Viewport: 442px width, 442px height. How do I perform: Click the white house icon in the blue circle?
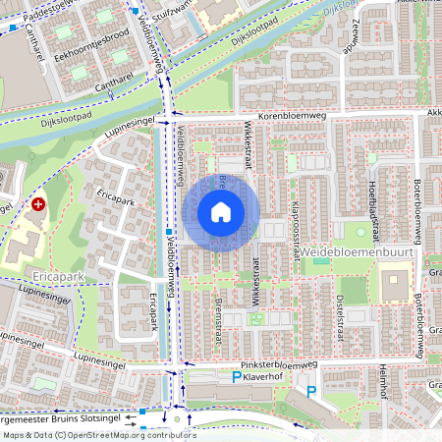221,211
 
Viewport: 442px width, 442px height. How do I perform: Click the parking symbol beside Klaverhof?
236,377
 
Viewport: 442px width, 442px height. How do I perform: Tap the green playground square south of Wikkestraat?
257,318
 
